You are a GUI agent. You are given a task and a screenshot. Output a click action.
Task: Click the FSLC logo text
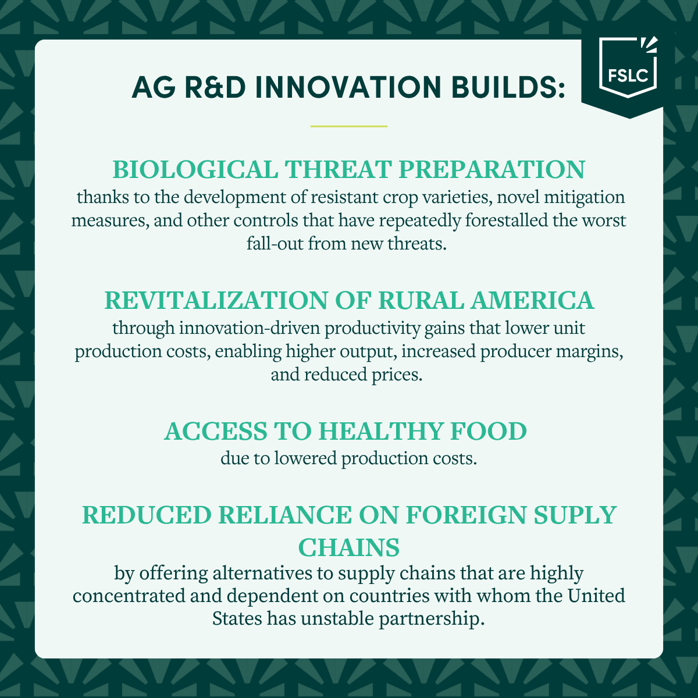[x=628, y=76]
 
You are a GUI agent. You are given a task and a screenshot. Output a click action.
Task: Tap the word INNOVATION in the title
[x=348, y=87]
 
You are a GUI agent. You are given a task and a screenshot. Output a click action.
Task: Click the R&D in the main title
[x=215, y=87]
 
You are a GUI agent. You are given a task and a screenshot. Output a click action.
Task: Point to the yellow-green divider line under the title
[x=349, y=126]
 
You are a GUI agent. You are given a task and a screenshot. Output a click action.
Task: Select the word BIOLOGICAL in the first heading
[x=195, y=169]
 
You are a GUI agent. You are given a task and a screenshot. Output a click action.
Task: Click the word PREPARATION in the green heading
[x=492, y=169]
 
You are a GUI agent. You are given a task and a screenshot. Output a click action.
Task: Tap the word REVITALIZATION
[x=216, y=300]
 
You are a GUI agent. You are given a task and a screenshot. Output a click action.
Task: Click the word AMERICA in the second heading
[x=532, y=300]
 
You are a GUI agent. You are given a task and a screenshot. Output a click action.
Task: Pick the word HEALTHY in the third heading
[x=380, y=431]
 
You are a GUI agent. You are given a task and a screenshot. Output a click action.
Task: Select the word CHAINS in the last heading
[x=349, y=547]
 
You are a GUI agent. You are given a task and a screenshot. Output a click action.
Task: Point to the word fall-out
[x=275, y=243]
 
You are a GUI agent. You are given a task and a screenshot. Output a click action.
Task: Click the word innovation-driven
[x=250, y=328]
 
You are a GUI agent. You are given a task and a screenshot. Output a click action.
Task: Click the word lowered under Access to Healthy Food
[x=306, y=458]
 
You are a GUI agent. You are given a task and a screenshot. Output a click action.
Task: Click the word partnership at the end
[x=432, y=619]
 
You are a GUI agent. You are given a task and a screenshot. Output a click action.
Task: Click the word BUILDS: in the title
[x=508, y=87]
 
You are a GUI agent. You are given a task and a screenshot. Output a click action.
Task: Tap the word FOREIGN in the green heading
[x=466, y=515]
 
